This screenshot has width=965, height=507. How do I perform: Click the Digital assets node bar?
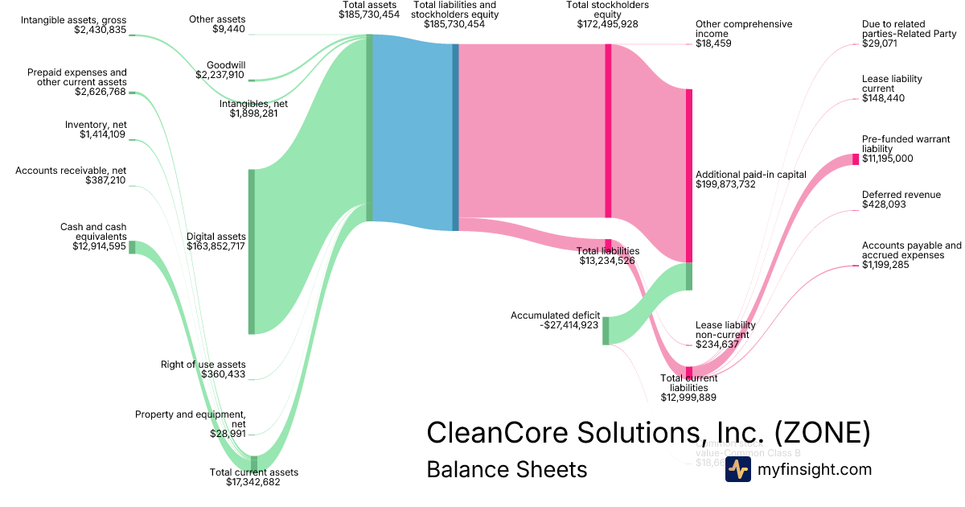[x=251, y=251]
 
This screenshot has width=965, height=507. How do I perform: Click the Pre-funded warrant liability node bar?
[x=856, y=159]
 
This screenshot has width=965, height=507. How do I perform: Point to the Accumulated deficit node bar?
[x=606, y=331]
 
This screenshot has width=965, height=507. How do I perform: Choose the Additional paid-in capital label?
[x=750, y=175]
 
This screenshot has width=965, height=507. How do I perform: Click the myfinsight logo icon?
[x=737, y=469]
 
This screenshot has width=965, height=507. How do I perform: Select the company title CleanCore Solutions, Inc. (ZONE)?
[x=648, y=433]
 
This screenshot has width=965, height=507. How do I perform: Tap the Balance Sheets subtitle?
[x=507, y=469]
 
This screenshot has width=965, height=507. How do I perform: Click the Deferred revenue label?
[x=901, y=195]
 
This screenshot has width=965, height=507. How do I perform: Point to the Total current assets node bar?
[x=254, y=462]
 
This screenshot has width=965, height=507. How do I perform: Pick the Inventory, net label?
[x=96, y=125]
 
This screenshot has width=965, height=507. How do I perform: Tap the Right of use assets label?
[x=203, y=365]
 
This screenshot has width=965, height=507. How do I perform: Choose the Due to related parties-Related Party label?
[x=910, y=29]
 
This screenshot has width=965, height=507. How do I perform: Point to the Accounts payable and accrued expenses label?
[x=911, y=250]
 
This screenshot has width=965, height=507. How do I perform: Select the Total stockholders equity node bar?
[x=608, y=130]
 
